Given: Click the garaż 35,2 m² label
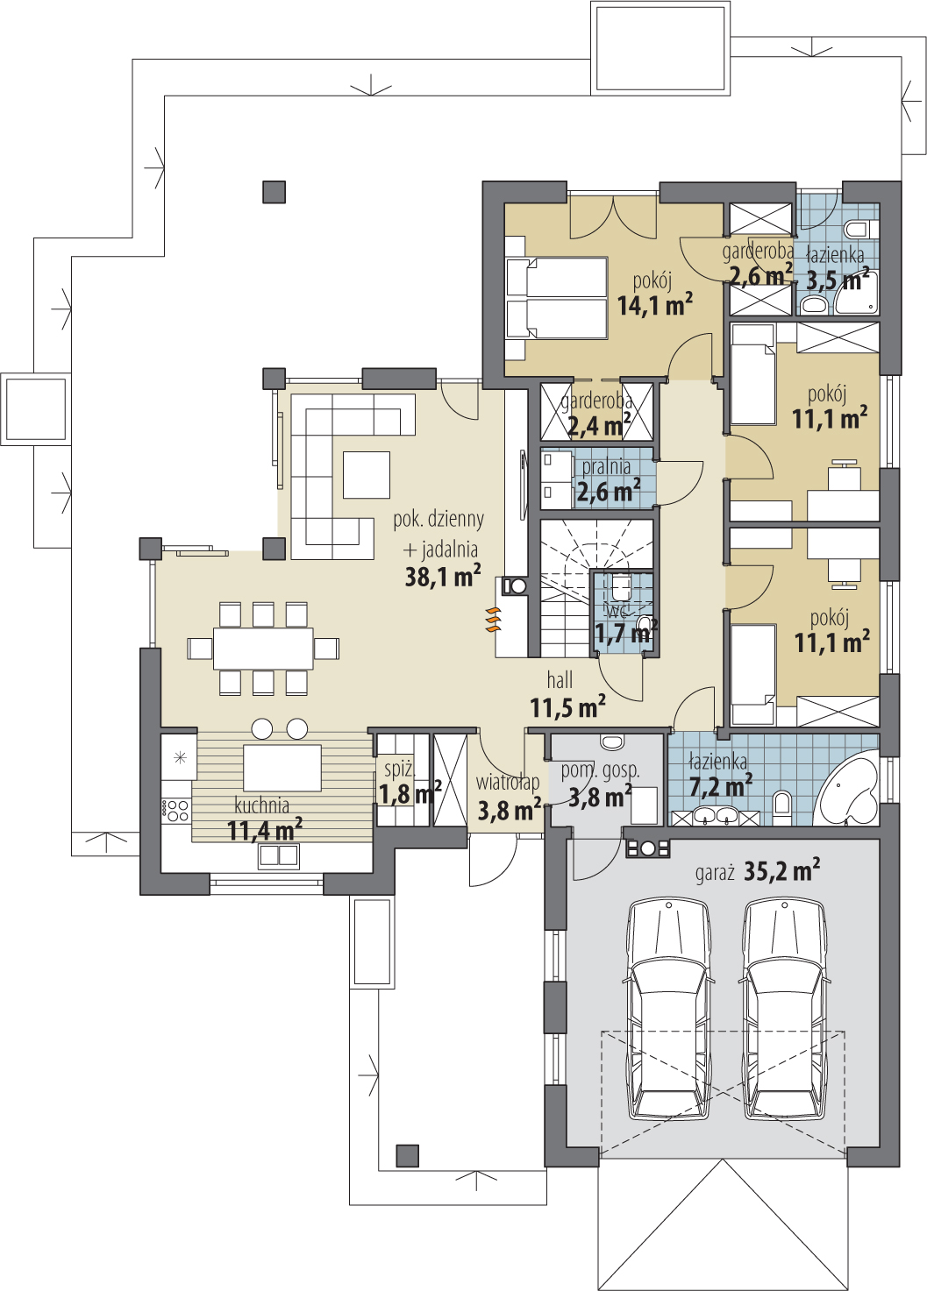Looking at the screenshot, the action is coord(758,871).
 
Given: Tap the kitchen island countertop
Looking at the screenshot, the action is coord(282,768).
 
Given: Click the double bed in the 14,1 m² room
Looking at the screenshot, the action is coord(557,297).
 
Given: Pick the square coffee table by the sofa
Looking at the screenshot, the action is coord(367,475).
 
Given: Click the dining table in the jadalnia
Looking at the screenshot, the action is coord(263,649).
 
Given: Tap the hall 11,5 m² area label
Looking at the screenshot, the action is coord(567,695).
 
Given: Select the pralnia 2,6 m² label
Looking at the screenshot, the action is coord(608,480).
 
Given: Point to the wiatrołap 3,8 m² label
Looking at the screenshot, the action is coord(509,798).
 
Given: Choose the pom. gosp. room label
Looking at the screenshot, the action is coord(600,770).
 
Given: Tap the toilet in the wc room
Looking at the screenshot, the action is coord(622,586).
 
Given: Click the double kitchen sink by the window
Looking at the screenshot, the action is coord(279,856).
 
